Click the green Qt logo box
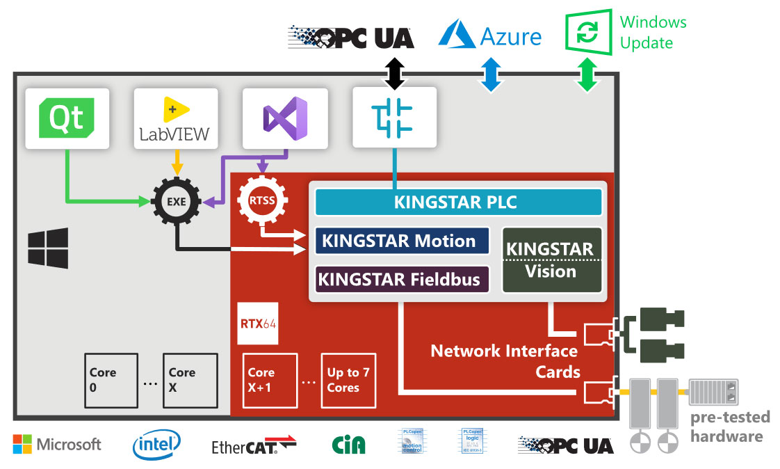67,118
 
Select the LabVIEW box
176,118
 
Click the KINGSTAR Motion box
402,241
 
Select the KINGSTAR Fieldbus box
402,280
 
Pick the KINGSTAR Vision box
551,260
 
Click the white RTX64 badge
258,323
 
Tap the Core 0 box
111,380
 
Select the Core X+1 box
270,380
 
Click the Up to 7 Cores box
348,380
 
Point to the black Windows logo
48,248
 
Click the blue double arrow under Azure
491,74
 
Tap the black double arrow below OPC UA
395,73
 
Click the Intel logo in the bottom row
156,444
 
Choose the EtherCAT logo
254,445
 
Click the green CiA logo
349,444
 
